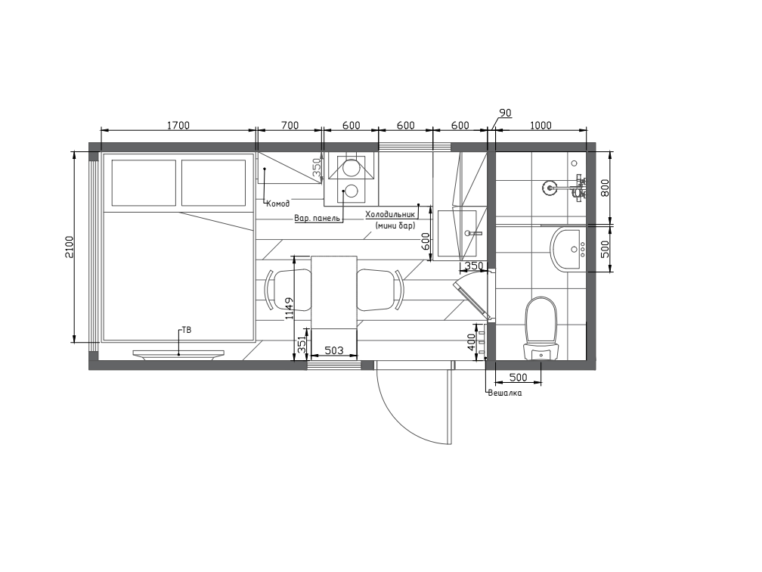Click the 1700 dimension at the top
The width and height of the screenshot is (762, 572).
(178, 126)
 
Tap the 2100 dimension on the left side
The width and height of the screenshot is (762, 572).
(69, 247)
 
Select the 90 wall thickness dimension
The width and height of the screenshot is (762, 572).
(506, 113)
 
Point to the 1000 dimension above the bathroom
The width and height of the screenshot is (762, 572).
(541, 126)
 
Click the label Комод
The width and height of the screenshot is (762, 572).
(278, 204)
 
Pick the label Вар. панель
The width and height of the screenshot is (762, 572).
(317, 218)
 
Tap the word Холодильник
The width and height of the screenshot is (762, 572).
(391, 214)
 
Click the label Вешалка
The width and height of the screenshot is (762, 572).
(505, 393)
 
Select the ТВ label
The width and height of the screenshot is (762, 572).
(187, 330)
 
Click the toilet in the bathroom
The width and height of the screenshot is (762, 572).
(541, 328)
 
